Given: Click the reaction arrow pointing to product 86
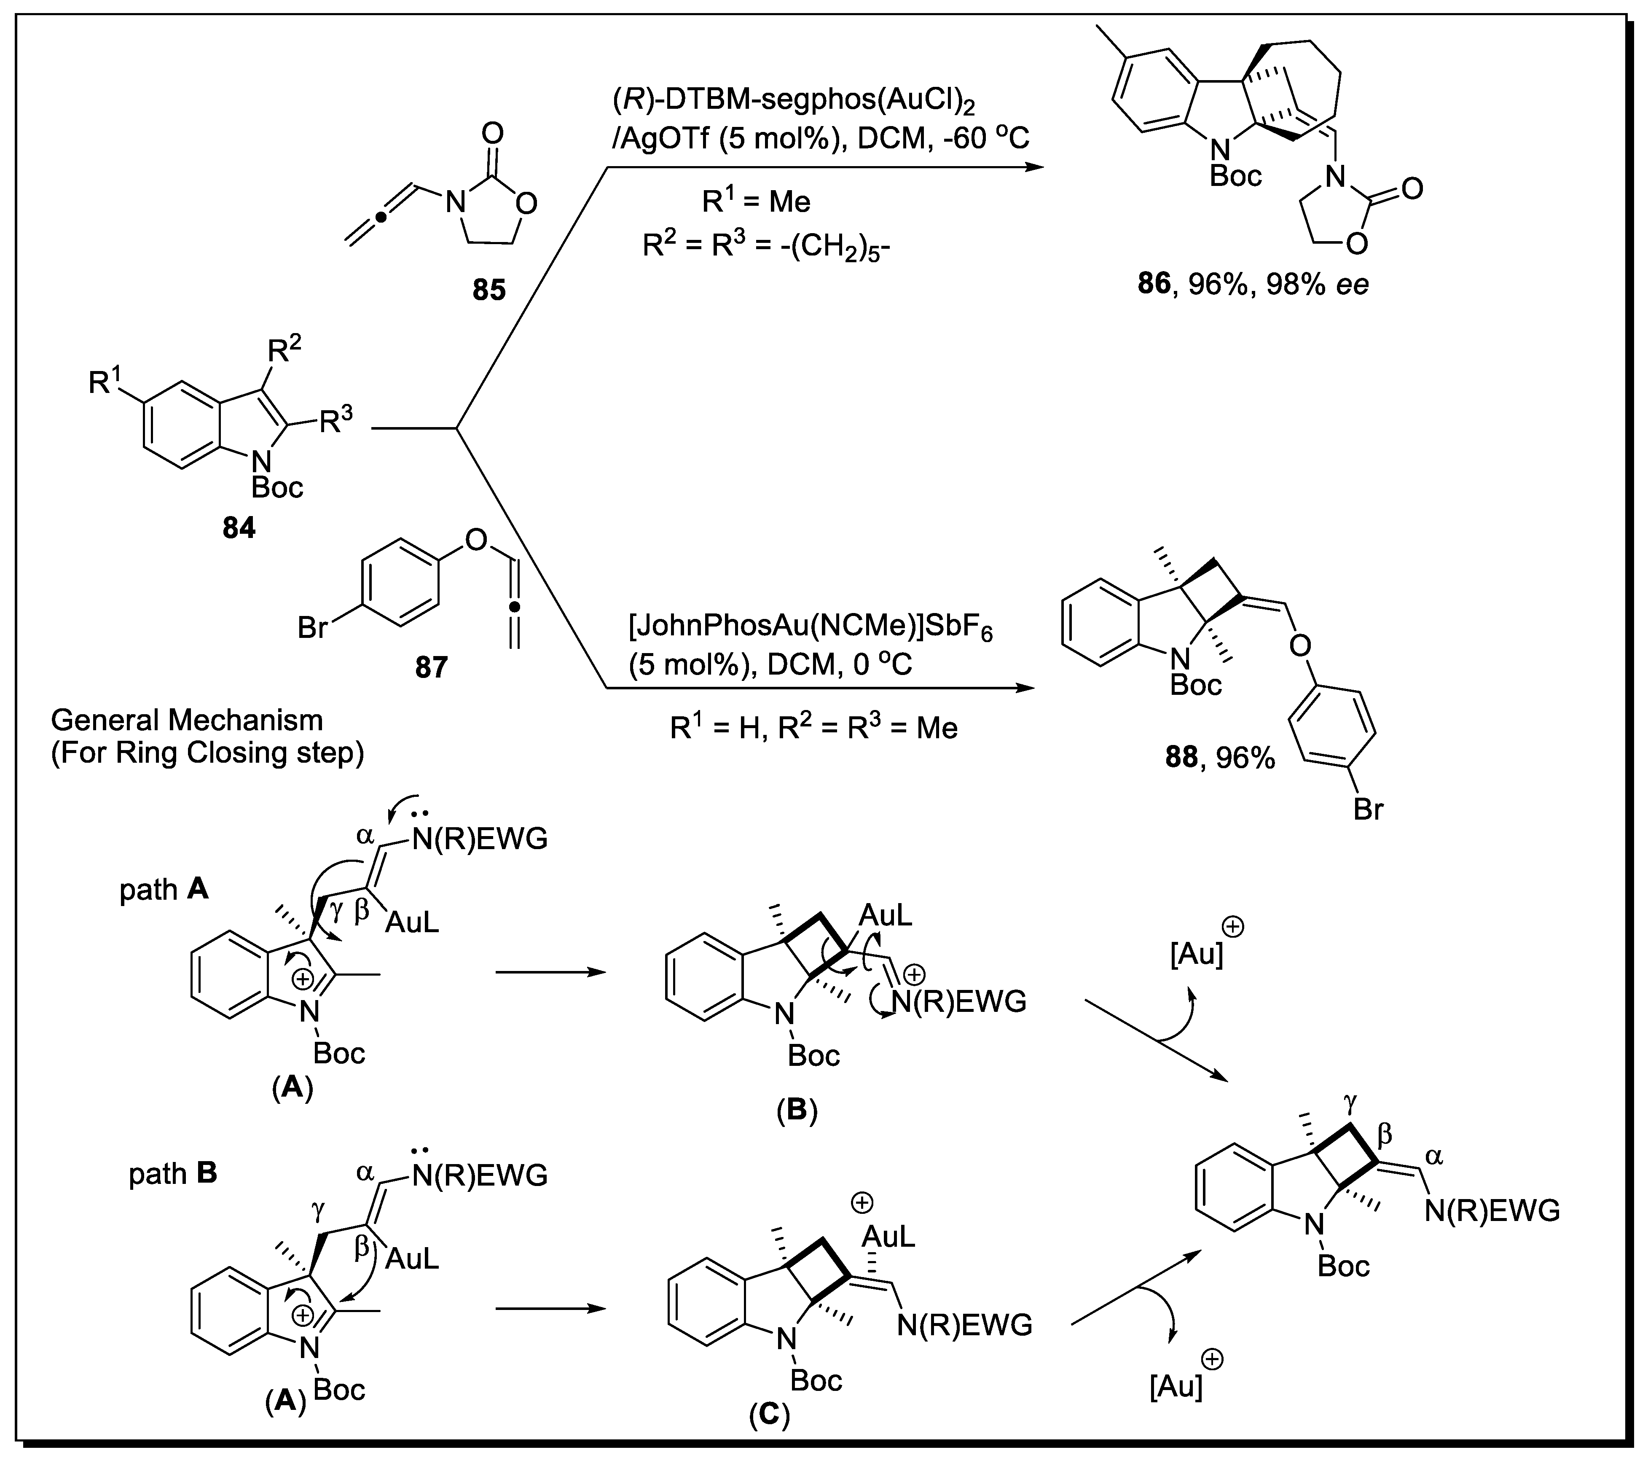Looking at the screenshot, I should coord(822,167).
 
